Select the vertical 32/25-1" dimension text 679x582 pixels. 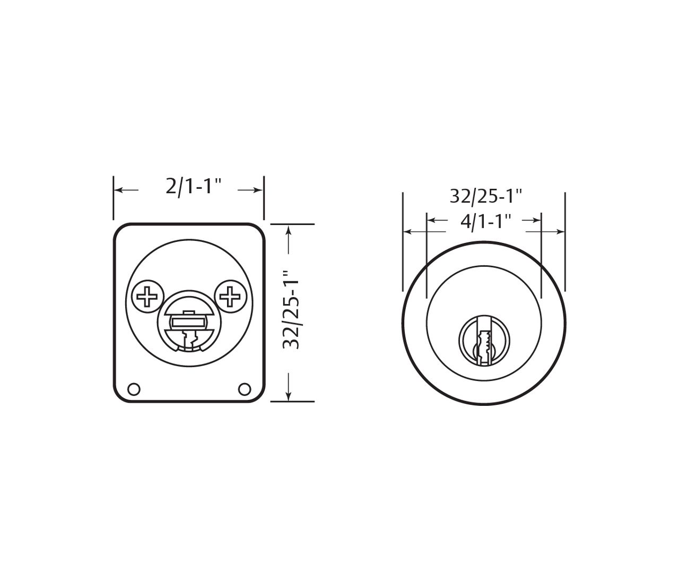(x=292, y=310)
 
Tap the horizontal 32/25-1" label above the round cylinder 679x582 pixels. (x=486, y=196)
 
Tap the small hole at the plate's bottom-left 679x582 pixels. (x=134, y=389)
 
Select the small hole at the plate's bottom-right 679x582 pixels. (x=244, y=389)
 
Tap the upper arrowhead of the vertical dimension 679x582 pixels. (x=288, y=229)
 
